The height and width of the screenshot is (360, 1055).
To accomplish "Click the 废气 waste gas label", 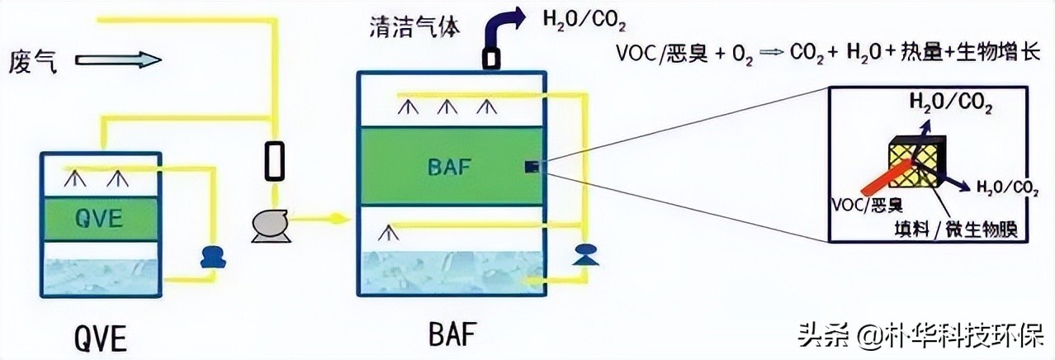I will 34,62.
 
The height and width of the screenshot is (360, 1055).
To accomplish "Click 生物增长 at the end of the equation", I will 998,52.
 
